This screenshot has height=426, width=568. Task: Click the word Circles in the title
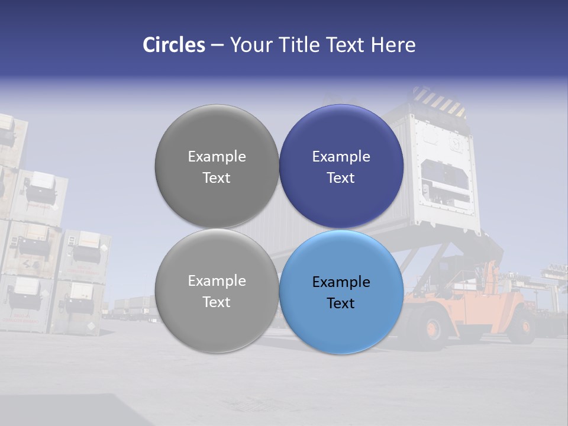pyautogui.click(x=173, y=45)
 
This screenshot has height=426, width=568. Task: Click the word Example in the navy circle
pyautogui.click(x=341, y=157)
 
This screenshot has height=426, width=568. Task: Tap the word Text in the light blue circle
pyautogui.click(x=341, y=304)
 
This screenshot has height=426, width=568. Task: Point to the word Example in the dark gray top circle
pyautogui.click(x=217, y=157)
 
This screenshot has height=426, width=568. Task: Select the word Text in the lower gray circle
pyautogui.click(x=217, y=302)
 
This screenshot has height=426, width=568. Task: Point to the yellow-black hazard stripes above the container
pyautogui.click(x=438, y=101)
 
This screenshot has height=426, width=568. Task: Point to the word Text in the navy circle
pyautogui.click(x=341, y=178)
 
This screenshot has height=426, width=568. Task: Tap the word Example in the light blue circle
pyautogui.click(x=341, y=282)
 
